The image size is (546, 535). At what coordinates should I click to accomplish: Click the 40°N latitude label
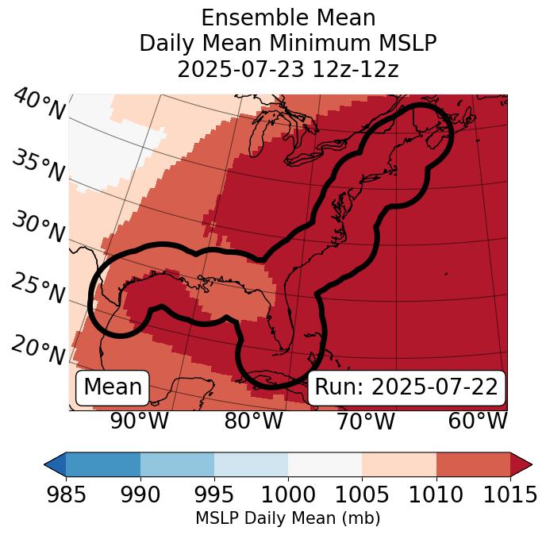(39, 105)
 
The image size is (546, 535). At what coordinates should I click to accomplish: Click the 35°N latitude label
(37, 166)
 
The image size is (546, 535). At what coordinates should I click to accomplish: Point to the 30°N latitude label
(37, 228)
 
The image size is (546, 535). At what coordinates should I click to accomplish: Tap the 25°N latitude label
(37, 289)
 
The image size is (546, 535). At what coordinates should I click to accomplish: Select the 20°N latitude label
(37, 349)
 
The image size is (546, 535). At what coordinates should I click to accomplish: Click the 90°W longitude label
(140, 421)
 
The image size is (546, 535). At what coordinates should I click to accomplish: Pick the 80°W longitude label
(253, 421)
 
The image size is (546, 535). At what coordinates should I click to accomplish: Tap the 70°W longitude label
(365, 421)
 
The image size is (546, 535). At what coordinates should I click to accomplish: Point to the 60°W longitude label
(478, 421)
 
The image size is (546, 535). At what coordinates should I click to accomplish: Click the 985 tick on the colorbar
(66, 495)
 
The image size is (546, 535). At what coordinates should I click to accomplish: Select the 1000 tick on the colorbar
(288, 495)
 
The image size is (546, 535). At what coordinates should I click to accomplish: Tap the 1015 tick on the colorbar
(510, 495)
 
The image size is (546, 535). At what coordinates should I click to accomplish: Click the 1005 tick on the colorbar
(362, 495)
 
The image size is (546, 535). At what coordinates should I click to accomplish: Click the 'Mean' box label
(113, 387)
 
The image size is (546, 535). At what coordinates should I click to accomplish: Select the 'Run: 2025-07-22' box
(406, 387)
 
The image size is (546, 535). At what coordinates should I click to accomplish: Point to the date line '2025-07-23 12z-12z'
(288, 69)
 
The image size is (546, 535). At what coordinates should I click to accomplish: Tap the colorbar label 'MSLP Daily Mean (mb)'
(288, 519)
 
